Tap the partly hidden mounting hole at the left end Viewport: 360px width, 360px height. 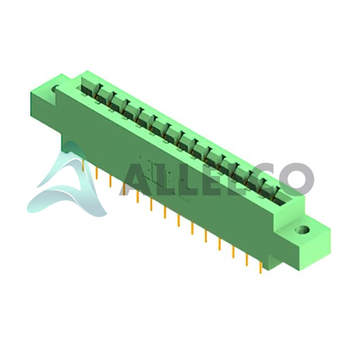pyautogui.click(x=56, y=89)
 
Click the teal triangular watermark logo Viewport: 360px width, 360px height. pyautogui.click(x=69, y=181)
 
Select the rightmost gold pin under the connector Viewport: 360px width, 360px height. pyautogui.click(x=260, y=268)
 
